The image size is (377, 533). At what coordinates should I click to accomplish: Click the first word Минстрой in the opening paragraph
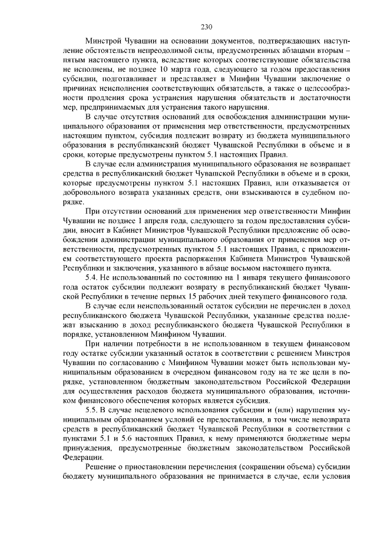click(x=105, y=43)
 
